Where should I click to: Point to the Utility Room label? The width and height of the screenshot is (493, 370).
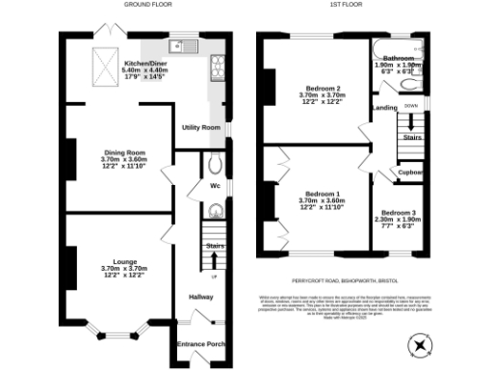(202, 127)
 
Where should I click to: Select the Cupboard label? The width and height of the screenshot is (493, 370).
(412, 172)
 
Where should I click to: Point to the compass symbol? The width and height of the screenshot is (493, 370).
(421, 343)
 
